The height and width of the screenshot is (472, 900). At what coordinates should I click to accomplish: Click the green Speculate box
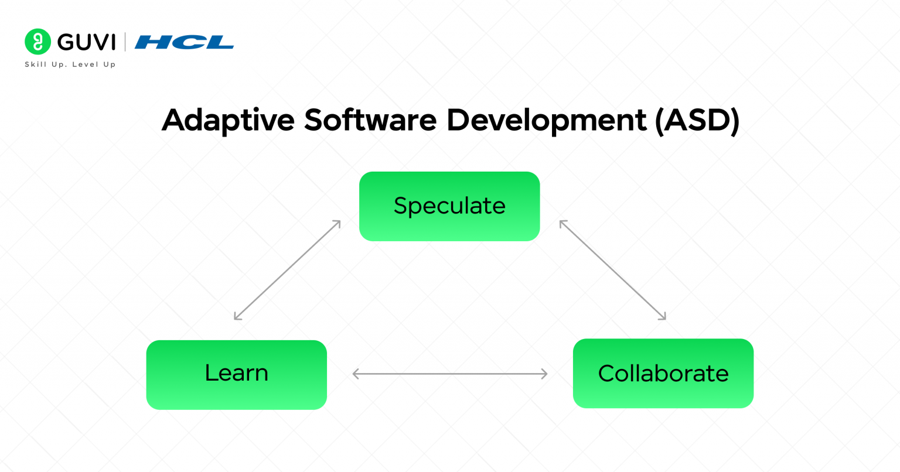point(449,206)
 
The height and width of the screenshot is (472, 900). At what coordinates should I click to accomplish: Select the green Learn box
point(236,374)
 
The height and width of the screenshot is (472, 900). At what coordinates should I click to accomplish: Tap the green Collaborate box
point(663,373)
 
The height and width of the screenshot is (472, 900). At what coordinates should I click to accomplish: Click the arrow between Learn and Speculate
point(287,270)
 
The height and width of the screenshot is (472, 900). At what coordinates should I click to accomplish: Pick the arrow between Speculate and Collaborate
point(612,270)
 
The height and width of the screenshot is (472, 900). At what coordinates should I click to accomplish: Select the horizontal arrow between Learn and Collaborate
point(449,374)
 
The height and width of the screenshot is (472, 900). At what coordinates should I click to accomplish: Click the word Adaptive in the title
point(228,120)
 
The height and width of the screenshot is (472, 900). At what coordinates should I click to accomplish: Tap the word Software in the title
point(370,120)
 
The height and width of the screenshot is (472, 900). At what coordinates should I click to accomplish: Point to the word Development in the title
point(546,120)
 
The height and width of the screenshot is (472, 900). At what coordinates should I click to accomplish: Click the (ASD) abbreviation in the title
point(697,120)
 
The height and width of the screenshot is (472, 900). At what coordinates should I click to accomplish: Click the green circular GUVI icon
point(37,42)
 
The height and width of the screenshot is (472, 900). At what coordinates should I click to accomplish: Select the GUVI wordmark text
point(87,42)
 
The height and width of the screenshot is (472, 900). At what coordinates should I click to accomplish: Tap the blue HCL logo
point(184,42)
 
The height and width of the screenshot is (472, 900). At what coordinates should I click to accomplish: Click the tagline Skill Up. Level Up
point(70,64)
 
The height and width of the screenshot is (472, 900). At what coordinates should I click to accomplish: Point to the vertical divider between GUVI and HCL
point(125,42)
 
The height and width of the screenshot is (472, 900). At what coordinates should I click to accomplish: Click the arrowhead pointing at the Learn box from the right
point(355,374)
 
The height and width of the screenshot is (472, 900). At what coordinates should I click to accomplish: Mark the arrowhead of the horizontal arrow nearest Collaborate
point(544,374)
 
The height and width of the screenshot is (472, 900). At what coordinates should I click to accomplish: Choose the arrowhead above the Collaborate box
point(663,317)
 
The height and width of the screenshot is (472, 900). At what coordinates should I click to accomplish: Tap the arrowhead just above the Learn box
point(236,317)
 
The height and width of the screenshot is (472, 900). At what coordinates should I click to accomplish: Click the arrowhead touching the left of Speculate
point(338,223)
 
